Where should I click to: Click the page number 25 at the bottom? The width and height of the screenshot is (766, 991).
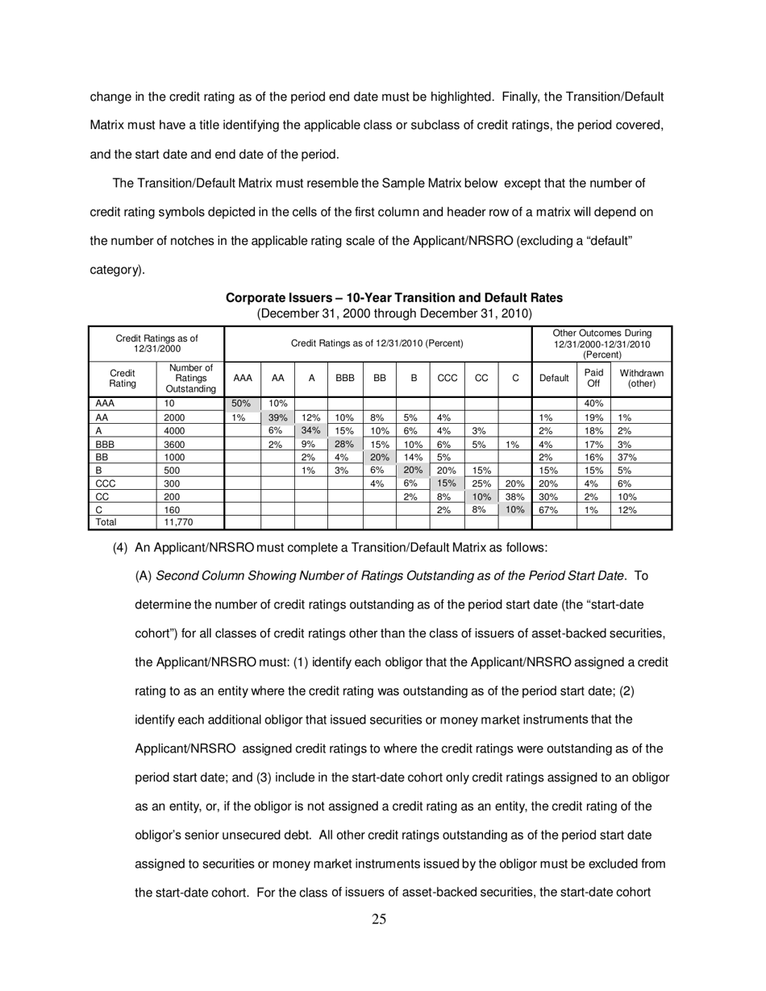tap(379, 919)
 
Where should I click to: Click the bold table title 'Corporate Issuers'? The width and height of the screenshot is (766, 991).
tap(393, 298)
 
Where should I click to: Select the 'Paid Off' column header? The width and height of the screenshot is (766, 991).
tap(593, 379)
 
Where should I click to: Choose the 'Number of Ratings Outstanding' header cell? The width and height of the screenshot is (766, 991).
tap(189, 379)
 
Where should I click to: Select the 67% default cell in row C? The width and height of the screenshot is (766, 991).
tap(547, 509)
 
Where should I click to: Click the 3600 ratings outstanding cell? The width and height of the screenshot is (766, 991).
tap(175, 443)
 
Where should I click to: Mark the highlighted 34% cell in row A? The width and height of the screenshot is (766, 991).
tap(310, 430)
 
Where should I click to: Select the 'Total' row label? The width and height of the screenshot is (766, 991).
tap(106, 521)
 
